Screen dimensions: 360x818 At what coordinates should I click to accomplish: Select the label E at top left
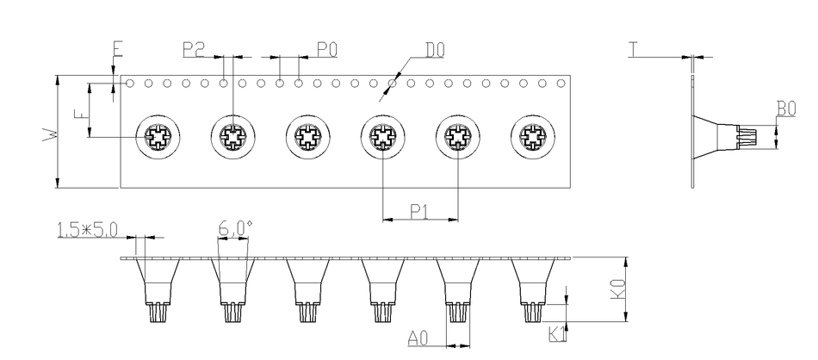click(118, 48)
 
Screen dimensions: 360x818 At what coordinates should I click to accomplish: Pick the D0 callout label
click(435, 50)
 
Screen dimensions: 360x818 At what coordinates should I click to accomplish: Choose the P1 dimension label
click(419, 211)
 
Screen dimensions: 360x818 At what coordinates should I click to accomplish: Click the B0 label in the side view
click(785, 109)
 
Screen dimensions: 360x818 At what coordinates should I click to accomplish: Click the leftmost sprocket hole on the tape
click(129, 84)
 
